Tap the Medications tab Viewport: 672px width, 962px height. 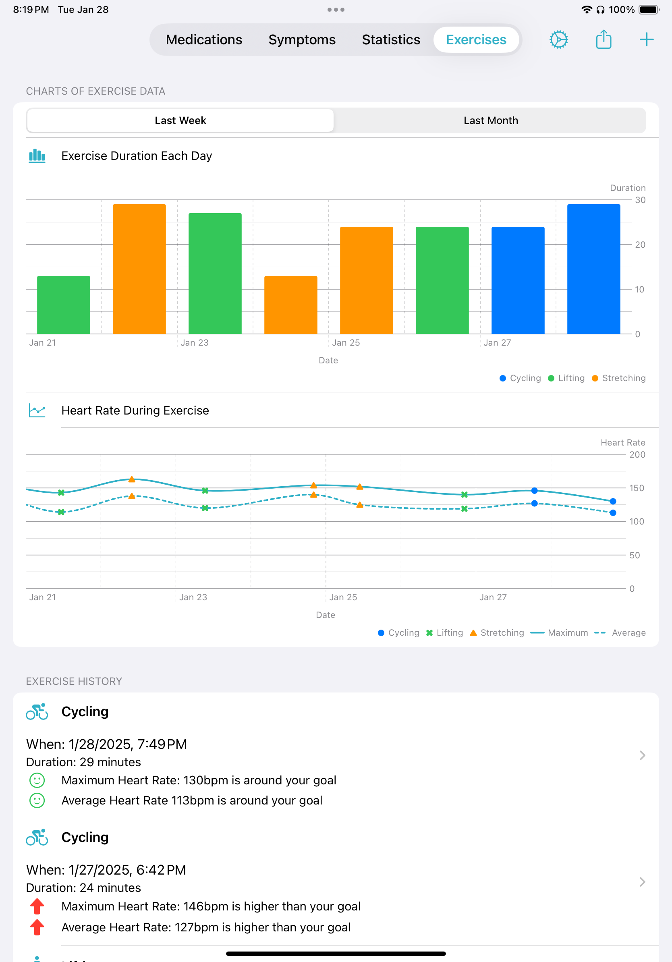point(203,40)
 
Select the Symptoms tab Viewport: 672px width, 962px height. point(302,40)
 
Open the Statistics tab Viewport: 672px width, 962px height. point(390,40)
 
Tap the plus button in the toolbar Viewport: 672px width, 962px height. point(646,40)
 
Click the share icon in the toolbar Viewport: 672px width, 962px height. point(603,40)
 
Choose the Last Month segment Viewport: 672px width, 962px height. point(490,121)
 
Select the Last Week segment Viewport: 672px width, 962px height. point(180,121)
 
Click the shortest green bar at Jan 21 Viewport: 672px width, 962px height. point(64,305)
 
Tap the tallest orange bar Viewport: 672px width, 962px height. point(139,269)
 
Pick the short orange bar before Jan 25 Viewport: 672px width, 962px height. point(291,305)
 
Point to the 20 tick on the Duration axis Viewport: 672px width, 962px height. point(640,245)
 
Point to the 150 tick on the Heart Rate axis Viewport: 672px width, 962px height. point(636,488)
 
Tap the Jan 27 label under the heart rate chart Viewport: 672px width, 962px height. point(493,597)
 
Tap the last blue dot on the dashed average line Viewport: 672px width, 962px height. point(612,513)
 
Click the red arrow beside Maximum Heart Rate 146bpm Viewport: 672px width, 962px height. point(37,906)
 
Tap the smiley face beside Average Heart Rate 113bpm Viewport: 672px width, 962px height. point(37,801)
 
